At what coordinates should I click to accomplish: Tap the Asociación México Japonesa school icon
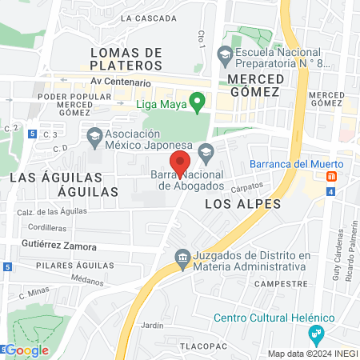(95, 136)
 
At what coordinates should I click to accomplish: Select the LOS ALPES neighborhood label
(242, 204)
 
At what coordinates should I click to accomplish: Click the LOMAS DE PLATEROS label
(126, 58)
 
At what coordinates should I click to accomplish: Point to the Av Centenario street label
(121, 82)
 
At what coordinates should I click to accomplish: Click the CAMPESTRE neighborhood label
(282, 284)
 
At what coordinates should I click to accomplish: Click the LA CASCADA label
(149, 18)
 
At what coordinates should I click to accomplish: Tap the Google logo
(27, 350)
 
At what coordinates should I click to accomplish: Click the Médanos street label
(86, 281)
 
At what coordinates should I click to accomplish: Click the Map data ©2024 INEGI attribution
(311, 354)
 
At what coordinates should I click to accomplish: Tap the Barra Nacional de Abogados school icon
(206, 150)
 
